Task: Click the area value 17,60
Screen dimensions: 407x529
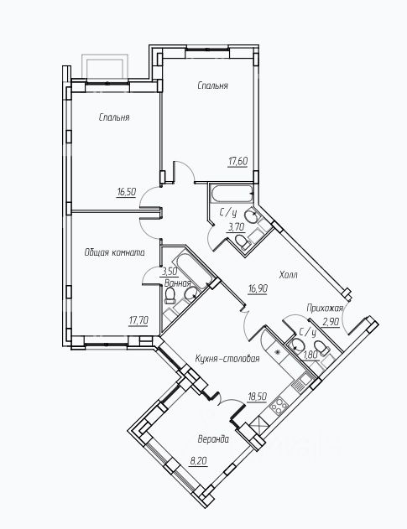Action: click(238, 162)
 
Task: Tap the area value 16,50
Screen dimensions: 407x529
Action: click(127, 192)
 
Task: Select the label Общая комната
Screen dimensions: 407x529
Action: click(114, 252)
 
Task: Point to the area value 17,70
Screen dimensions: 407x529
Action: click(138, 320)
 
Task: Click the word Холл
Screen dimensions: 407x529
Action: click(288, 275)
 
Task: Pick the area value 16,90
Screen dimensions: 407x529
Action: click(258, 288)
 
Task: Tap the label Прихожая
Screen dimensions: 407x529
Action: click(325, 308)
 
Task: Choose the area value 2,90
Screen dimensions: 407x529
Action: click(331, 322)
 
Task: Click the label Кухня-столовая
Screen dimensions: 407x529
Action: click(227, 359)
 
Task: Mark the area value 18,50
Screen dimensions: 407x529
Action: click(257, 397)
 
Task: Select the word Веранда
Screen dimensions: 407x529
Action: click(213, 439)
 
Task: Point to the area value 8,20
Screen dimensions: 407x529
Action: click(198, 461)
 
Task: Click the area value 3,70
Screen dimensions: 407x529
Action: click(237, 227)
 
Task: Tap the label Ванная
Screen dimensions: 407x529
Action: click(178, 283)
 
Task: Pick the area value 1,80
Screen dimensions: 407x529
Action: click(311, 355)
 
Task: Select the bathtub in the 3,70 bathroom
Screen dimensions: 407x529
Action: click(232, 194)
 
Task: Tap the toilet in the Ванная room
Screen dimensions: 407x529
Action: click(170, 296)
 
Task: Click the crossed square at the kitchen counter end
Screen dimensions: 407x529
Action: click(259, 425)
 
